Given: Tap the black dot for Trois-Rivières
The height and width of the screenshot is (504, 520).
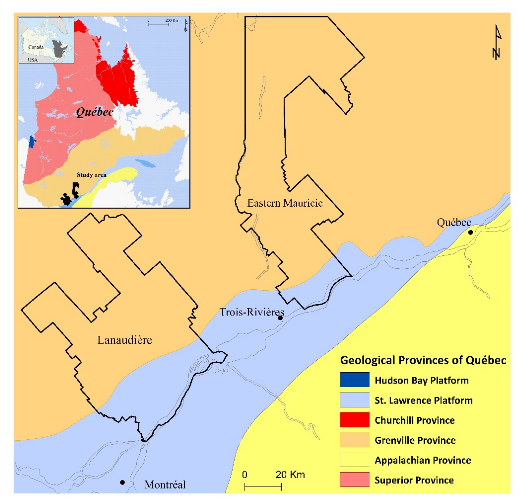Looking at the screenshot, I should [x=280, y=318].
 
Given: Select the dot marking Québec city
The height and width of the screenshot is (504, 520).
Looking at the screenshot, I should [x=470, y=232].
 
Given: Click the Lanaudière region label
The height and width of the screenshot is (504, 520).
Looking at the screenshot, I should [x=125, y=340].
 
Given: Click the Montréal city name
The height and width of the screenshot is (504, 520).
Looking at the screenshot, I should [x=165, y=485].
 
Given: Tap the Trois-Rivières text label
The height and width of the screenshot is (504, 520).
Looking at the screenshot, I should [x=251, y=312].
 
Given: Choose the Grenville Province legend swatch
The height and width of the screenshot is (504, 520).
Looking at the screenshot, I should [x=354, y=440].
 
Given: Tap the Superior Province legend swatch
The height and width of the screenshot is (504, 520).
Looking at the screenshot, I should [x=354, y=480].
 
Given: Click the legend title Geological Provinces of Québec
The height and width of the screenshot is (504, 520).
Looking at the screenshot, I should [x=423, y=360].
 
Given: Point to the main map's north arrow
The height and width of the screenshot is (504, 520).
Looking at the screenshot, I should [x=496, y=42].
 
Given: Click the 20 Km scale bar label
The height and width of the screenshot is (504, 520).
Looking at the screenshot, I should [x=290, y=474].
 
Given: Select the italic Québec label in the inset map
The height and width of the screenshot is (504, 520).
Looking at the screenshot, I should [x=95, y=112].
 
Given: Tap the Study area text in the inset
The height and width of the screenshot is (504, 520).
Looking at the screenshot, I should [x=92, y=175].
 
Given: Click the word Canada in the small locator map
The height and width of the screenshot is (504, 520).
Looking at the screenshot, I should [x=36, y=47].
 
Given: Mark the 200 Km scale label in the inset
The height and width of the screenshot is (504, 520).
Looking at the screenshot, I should [x=172, y=20].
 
